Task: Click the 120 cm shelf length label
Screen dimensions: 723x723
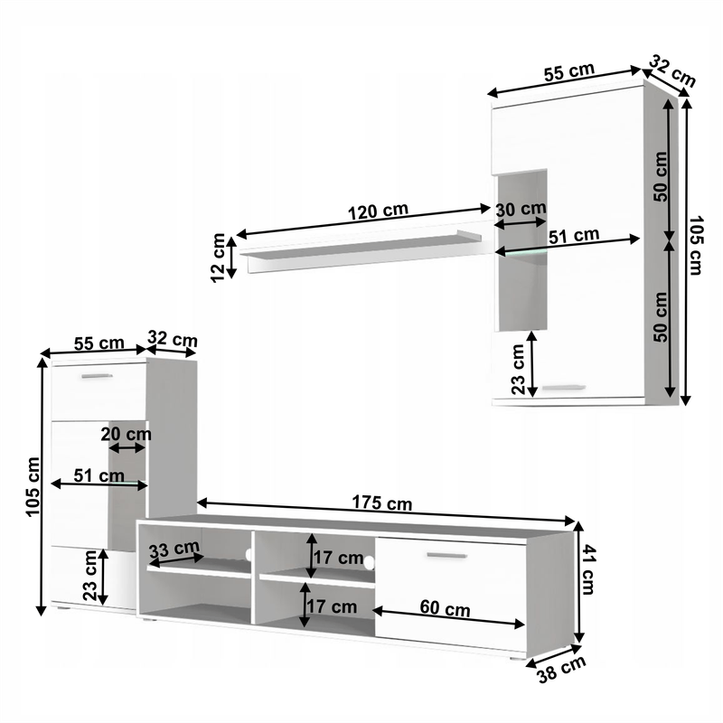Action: (378, 211)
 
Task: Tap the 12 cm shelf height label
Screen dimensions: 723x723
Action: (219, 257)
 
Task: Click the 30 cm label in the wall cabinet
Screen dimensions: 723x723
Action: (520, 208)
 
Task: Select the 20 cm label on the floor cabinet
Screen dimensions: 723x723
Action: (126, 433)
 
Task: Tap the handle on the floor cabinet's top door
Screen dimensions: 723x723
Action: (97, 375)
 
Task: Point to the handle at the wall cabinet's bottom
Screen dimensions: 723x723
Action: (566, 388)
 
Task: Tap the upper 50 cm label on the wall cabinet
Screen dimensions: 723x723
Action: (661, 175)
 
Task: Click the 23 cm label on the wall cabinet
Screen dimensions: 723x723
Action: (518, 370)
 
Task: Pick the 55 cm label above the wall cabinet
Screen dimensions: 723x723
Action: (569, 71)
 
